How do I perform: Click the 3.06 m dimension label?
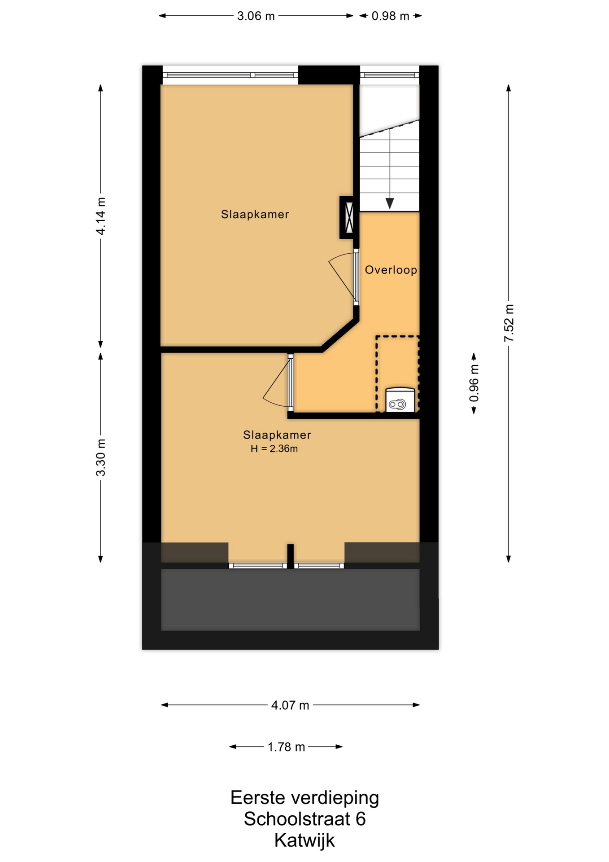click(x=256, y=16)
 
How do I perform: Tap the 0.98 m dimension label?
click(x=390, y=16)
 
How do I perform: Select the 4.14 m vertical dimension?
click(x=101, y=216)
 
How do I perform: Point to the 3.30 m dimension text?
click(x=101, y=457)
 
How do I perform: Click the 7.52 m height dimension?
click(x=509, y=323)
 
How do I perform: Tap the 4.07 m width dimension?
click(x=290, y=705)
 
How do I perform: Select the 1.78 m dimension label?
click(x=286, y=747)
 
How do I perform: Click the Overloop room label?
click(x=391, y=270)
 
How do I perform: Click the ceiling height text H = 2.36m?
click(x=274, y=449)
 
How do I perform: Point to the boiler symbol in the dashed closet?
click(x=400, y=400)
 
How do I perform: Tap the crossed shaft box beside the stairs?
click(x=348, y=217)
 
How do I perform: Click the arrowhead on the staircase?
click(x=390, y=203)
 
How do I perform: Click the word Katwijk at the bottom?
click(x=304, y=840)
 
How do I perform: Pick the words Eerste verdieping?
click(x=304, y=798)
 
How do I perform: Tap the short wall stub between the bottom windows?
click(x=291, y=556)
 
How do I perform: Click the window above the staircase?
click(x=390, y=75)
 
